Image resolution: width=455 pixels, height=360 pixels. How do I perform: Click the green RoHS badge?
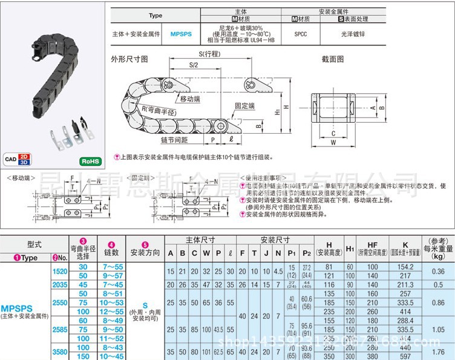[x=90, y=162]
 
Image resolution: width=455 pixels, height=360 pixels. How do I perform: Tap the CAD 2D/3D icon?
[x=18, y=160]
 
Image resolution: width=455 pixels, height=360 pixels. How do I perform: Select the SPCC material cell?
[x=301, y=34]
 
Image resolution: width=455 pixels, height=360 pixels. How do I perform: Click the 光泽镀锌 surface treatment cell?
[x=355, y=34]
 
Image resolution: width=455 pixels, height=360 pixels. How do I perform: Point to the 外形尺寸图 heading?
[x=129, y=59]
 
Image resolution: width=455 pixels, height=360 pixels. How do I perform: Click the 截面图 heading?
[x=333, y=59]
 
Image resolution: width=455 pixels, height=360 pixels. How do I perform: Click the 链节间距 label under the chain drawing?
[x=175, y=140]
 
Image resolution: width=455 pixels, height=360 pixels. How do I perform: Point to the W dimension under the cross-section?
[x=333, y=143]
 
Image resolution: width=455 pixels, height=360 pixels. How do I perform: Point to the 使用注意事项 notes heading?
[x=263, y=178]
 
